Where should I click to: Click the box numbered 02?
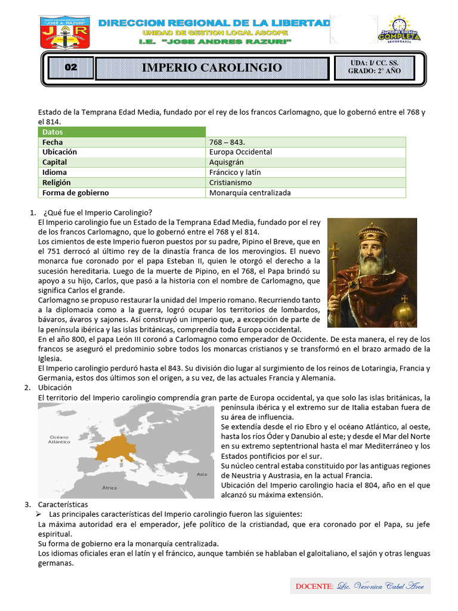(71, 67)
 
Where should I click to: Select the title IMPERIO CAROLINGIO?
(212, 67)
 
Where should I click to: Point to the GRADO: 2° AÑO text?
(375, 71)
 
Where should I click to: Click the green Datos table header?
(122, 132)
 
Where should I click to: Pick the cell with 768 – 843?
(227, 142)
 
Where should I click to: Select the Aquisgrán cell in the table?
(227, 162)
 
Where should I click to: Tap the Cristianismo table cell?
(230, 183)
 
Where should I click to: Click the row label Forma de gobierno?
(76, 193)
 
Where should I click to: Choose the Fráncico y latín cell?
(235, 172)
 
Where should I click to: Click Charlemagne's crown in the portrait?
(372, 230)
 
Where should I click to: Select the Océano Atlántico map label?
(59, 440)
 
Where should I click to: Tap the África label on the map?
(110, 487)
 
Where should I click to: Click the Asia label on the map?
(202, 474)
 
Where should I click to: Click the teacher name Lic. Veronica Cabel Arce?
(380, 587)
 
